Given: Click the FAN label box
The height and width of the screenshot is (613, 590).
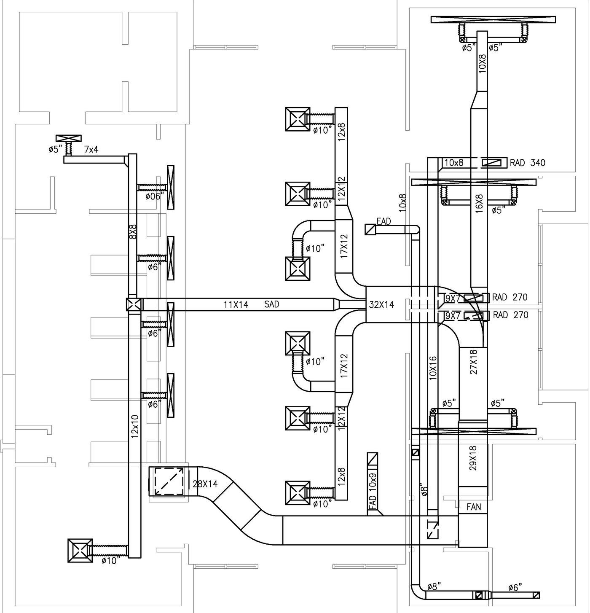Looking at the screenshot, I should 474,507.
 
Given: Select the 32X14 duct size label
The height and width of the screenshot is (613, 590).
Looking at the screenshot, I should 381,304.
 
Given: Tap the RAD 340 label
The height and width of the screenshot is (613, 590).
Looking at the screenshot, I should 527,163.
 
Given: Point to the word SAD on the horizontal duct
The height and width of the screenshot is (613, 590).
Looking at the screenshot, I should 272,304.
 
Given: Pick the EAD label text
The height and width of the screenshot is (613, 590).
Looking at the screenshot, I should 383,221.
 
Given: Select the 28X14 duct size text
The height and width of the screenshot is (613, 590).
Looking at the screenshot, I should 205,484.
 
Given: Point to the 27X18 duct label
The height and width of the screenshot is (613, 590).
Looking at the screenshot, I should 473,362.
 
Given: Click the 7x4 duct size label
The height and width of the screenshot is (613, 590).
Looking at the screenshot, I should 91,149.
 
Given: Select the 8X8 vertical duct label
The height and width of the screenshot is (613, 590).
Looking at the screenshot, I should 133,232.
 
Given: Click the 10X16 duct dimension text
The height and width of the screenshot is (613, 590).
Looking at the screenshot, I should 433,368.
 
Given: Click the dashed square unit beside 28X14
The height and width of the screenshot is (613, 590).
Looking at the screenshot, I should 169,481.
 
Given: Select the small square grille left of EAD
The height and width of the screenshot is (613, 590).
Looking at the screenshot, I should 370,229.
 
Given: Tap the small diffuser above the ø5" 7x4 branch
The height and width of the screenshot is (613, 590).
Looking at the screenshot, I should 68,139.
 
